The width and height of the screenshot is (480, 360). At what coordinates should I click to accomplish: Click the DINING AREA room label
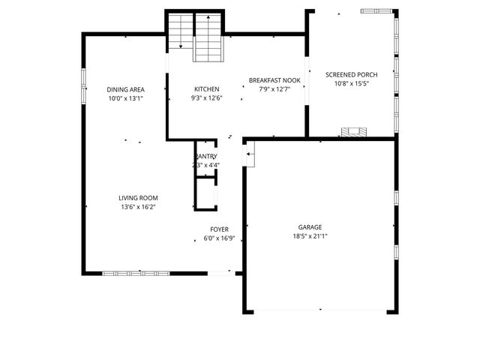pyautogui.click(x=125, y=89)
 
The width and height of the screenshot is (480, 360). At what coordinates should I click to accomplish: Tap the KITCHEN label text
pyautogui.click(x=206, y=89)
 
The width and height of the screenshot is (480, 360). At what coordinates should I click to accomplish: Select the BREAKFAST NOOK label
pyautogui.click(x=274, y=79)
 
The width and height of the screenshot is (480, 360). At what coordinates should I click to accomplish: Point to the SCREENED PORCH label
pyautogui.click(x=351, y=75)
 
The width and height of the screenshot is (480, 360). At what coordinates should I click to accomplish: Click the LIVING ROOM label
pyautogui.click(x=137, y=198)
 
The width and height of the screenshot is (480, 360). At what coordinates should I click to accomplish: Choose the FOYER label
pyautogui.click(x=219, y=229)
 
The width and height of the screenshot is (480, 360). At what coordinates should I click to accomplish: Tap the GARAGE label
pyautogui.click(x=310, y=226)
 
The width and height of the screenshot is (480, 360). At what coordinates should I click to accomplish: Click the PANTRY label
pyautogui.click(x=206, y=156)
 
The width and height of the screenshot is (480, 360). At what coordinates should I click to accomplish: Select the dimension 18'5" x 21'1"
pyautogui.click(x=310, y=235)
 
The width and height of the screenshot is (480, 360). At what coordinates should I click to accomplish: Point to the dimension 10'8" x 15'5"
pyautogui.click(x=351, y=85)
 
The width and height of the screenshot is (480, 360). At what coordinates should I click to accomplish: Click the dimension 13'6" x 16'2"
pyautogui.click(x=137, y=207)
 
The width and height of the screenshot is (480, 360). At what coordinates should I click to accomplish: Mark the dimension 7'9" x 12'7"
pyautogui.click(x=274, y=89)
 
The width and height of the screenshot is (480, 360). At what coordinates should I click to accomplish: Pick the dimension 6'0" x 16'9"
pyautogui.click(x=219, y=239)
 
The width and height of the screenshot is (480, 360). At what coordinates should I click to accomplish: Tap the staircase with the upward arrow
pyautogui.click(x=208, y=37)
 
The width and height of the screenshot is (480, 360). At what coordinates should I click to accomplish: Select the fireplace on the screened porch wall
pyautogui.click(x=355, y=133)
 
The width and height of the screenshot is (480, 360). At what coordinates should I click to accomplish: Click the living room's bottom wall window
pyautogui.click(x=136, y=273)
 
